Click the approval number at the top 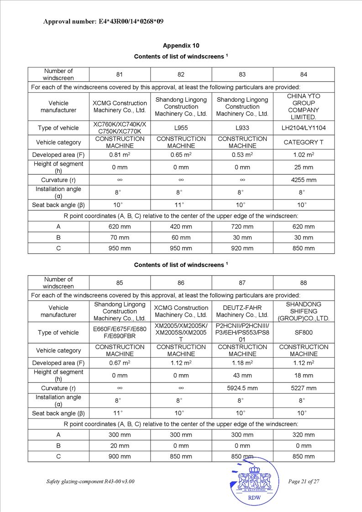pos(103,21)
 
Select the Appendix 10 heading pos(181,46)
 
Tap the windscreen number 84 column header pos(304,74)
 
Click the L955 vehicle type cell pos(181,128)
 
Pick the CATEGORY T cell pos(304,142)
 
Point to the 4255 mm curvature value pos(304,180)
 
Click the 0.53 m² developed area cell pos(242,155)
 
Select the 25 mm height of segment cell pos(304,167)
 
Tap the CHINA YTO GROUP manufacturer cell pos(304,106)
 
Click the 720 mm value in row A pos(242,226)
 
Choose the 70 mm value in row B pos(120,237)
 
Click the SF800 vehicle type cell pos(304,333)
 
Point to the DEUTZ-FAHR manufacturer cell pos(242,311)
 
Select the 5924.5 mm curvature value pos(242,388)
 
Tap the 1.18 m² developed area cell pos(242,363)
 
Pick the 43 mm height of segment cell pos(242,376)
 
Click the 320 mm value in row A pos(304,435)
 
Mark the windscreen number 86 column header pos(181,283)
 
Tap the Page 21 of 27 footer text pos(304,481)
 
